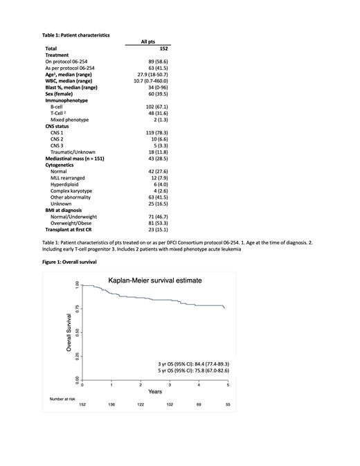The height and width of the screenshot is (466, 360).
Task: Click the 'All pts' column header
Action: [148, 42]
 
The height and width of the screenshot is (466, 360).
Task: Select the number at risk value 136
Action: [111, 403]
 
